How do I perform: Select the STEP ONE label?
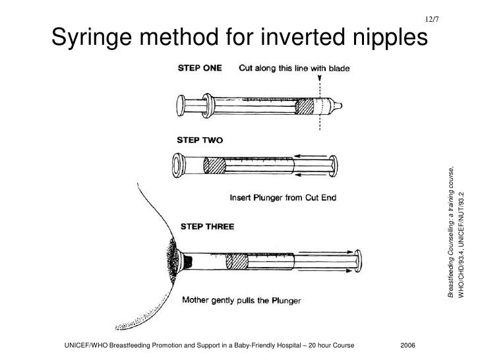click(x=199, y=67)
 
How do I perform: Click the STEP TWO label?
click(x=200, y=140)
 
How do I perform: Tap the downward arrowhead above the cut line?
click(x=320, y=76)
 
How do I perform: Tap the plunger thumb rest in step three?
click(x=358, y=262)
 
